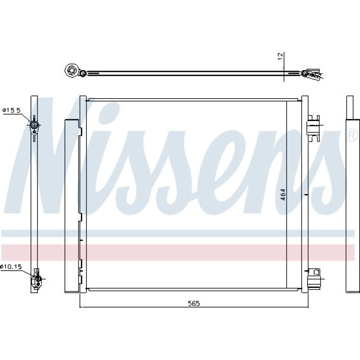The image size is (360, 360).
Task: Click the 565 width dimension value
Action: coord(194,303)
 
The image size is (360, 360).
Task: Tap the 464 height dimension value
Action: coord(283,194)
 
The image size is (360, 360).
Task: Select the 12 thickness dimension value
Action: coord(281,57)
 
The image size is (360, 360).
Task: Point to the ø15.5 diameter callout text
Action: coord(12,110)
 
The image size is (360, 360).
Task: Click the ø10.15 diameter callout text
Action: coord(11,266)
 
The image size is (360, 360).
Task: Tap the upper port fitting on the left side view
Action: coord(34,125)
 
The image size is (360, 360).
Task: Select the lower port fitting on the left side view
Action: coord(36,279)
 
